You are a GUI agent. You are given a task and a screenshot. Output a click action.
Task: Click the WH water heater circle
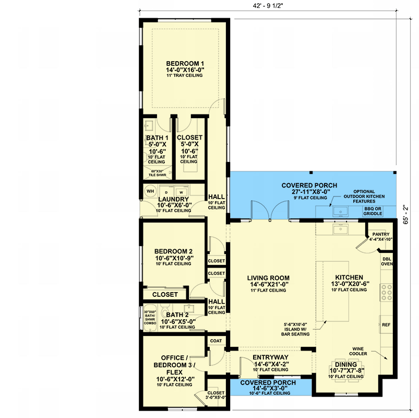point(150,191)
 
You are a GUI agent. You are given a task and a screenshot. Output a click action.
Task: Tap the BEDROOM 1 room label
point(185,64)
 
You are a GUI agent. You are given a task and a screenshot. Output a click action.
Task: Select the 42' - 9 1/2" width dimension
point(268,6)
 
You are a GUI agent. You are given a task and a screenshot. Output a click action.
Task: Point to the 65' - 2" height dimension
point(405,214)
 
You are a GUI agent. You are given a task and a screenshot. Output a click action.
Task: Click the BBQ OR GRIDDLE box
point(373,211)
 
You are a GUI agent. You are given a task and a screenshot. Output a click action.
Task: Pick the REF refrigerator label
point(386,324)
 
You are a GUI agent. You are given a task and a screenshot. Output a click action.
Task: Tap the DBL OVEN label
point(387,261)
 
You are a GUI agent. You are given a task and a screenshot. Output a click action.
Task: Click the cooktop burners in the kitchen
point(387,292)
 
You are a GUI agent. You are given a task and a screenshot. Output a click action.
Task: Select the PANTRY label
point(381,234)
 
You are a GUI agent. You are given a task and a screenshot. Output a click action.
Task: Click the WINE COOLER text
point(358,351)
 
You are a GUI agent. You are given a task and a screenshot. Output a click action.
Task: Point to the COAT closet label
point(216,341)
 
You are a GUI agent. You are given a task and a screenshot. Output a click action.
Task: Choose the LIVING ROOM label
point(268,278)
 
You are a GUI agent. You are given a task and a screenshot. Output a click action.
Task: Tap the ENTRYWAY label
point(270,357)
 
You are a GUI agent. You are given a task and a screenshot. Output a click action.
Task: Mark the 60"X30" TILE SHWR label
point(158,173)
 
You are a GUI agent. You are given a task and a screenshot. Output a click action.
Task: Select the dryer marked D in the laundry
point(166,191)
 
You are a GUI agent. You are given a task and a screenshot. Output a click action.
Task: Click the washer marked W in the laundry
point(181,191)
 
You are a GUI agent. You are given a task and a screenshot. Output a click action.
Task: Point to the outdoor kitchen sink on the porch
point(340,212)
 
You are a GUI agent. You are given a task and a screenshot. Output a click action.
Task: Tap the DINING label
point(346,365)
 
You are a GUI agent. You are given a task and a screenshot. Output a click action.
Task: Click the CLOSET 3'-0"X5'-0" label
point(216,395)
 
